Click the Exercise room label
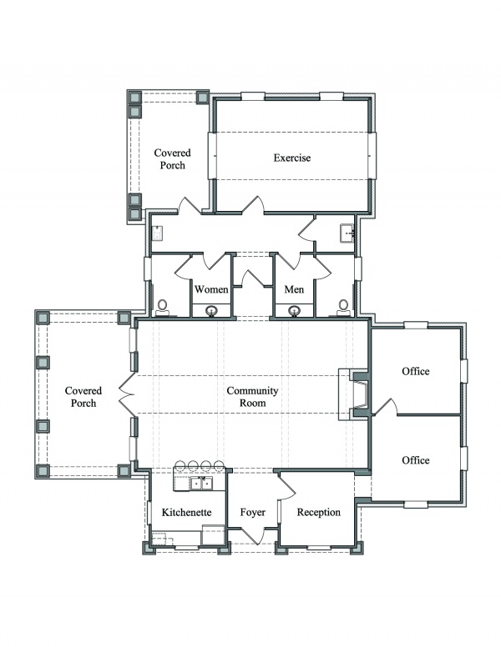[292, 158]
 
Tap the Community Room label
[252, 397]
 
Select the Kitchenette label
[186, 512]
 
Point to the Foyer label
[252, 513]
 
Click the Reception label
[319, 513]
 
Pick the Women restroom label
[211, 289]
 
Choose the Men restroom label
[294, 289]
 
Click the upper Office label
[416, 371]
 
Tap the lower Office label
[416, 460]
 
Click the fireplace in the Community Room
[358, 394]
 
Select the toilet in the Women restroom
[163, 308]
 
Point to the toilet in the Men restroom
[342, 308]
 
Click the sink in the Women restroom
[211, 310]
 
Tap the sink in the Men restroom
[294, 310]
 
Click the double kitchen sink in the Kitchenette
[201, 483]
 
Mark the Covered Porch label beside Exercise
[172, 159]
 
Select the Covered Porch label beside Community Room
[83, 397]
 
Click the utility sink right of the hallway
[347, 233]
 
